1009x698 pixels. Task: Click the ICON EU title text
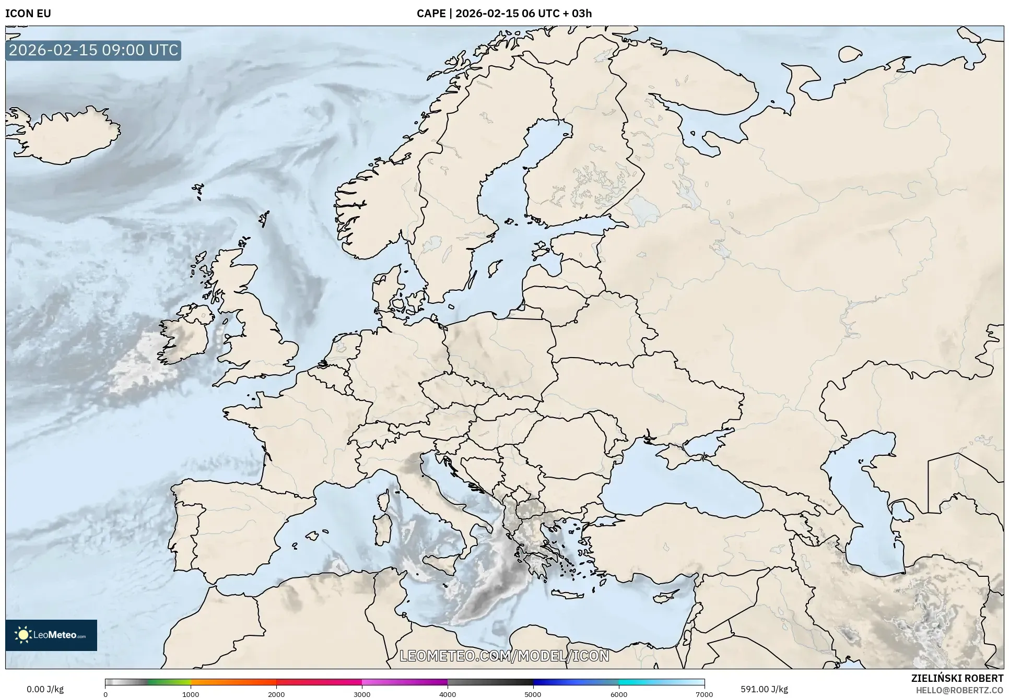(x=28, y=14)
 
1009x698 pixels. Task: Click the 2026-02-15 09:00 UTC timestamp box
(x=93, y=50)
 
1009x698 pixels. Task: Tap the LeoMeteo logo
(x=51, y=635)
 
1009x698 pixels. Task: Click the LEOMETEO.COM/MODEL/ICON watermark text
(x=504, y=656)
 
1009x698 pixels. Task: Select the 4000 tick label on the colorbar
(x=448, y=694)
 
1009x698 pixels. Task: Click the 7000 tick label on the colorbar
(x=704, y=694)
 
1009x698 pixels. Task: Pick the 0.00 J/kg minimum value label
(x=45, y=689)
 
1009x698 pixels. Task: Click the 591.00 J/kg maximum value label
(x=764, y=689)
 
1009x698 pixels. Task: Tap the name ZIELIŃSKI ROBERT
(x=957, y=678)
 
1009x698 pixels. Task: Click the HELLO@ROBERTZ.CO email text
(x=959, y=690)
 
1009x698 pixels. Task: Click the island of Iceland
(x=63, y=135)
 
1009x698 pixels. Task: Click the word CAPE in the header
(x=431, y=14)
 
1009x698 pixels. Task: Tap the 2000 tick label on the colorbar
(x=276, y=694)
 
